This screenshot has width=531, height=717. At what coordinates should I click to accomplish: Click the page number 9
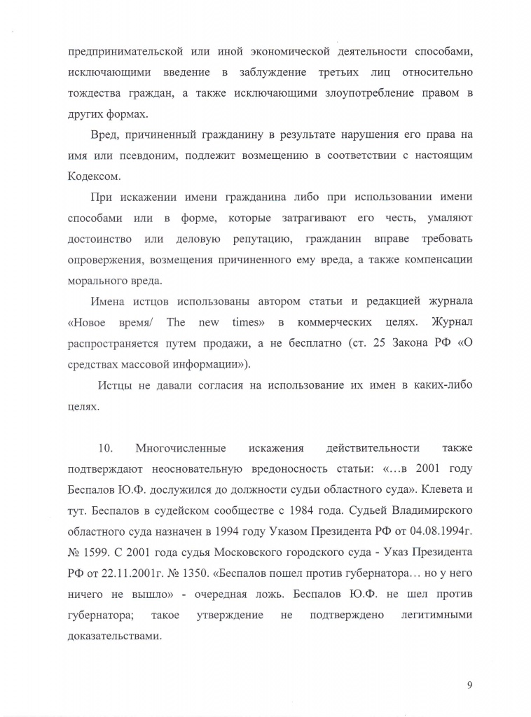click(x=469, y=684)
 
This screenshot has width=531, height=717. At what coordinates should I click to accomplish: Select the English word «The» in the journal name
click(x=175, y=322)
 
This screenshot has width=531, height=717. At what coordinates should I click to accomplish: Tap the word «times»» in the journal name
click(x=244, y=322)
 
